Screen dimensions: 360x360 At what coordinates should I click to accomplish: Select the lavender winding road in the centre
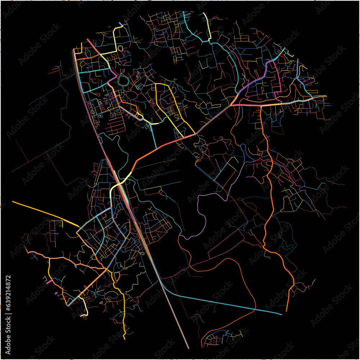pos(202,216)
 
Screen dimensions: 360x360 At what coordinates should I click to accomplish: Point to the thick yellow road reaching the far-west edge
pos(40,211)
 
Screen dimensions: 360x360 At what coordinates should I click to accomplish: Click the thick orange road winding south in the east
pos(268,180)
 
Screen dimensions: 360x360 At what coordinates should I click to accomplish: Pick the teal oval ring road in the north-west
pos(123,81)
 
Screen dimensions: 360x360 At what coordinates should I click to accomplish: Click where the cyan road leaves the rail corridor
pos(162,284)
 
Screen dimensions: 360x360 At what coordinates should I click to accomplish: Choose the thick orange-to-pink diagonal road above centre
pos(162,146)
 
